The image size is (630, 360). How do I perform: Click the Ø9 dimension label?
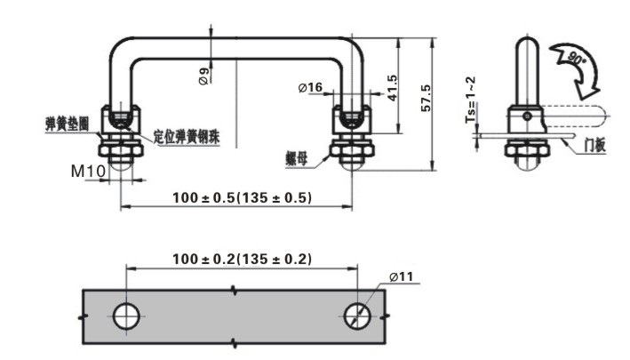(x=204, y=76)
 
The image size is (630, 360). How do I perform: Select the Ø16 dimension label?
(x=310, y=87)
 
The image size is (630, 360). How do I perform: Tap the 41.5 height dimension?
(x=391, y=88)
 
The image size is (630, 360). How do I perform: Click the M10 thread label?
(x=88, y=172)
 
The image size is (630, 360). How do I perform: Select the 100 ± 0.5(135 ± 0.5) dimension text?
(x=242, y=197)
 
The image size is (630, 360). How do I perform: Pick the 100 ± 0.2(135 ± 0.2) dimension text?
(x=242, y=259)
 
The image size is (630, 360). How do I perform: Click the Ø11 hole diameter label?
(x=401, y=276)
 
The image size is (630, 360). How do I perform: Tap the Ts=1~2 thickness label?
(x=470, y=100)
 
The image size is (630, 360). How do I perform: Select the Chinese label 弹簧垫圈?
(x=68, y=124)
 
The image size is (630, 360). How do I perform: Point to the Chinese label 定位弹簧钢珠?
(x=187, y=137)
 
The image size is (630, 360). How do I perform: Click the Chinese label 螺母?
(x=297, y=159)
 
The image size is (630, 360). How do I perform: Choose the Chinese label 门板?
(x=594, y=145)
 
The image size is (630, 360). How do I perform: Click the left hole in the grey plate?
(x=126, y=316)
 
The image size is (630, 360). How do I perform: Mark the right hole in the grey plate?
(x=357, y=316)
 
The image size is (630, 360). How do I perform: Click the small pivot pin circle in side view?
(x=528, y=116)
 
